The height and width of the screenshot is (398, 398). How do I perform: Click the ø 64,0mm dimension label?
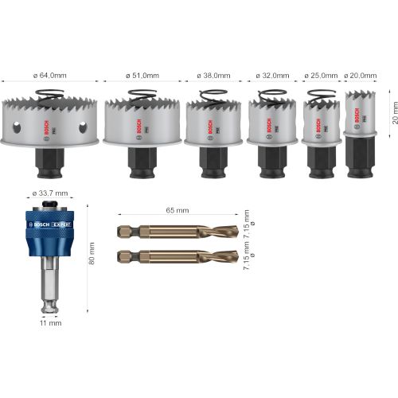pos(50,76)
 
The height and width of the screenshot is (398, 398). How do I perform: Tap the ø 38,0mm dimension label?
pos(213,76)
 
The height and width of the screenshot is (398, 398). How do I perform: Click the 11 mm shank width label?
pos(49,324)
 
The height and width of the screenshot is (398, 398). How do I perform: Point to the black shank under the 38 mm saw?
pos(213,162)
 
